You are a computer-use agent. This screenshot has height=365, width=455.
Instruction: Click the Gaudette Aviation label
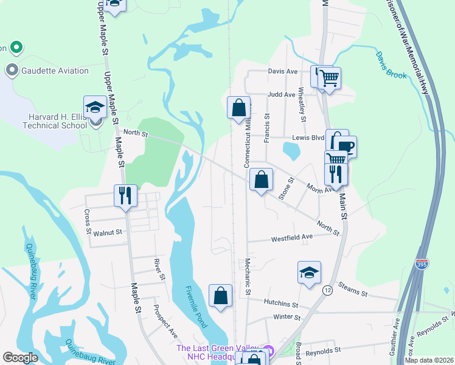(55, 71)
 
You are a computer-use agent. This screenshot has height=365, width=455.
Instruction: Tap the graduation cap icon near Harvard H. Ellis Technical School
(95, 108)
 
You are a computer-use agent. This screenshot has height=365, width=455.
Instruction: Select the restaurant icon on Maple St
(125, 196)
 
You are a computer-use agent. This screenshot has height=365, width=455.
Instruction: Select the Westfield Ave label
(291, 236)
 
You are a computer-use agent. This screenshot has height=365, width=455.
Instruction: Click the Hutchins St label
(280, 302)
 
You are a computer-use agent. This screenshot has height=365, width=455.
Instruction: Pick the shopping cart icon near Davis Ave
(329, 78)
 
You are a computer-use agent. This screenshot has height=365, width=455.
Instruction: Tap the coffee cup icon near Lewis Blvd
(345, 147)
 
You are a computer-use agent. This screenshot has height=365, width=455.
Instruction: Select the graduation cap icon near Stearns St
(309, 272)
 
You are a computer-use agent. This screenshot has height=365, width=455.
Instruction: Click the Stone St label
(285, 189)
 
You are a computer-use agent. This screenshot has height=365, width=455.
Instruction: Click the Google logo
(21, 358)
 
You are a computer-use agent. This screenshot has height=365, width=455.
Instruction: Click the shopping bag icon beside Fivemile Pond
(220, 296)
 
